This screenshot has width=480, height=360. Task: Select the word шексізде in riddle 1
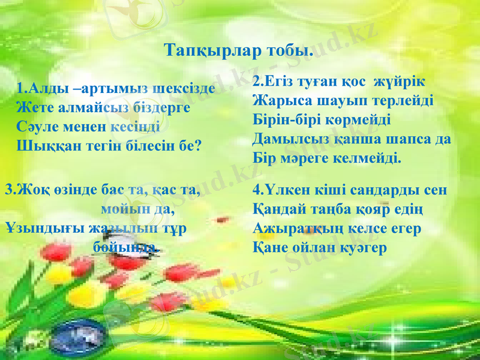click(x=183, y=91)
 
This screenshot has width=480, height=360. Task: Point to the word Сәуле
click(x=37, y=127)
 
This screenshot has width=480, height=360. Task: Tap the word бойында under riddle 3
click(x=127, y=247)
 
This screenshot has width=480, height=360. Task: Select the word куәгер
click(x=360, y=247)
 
